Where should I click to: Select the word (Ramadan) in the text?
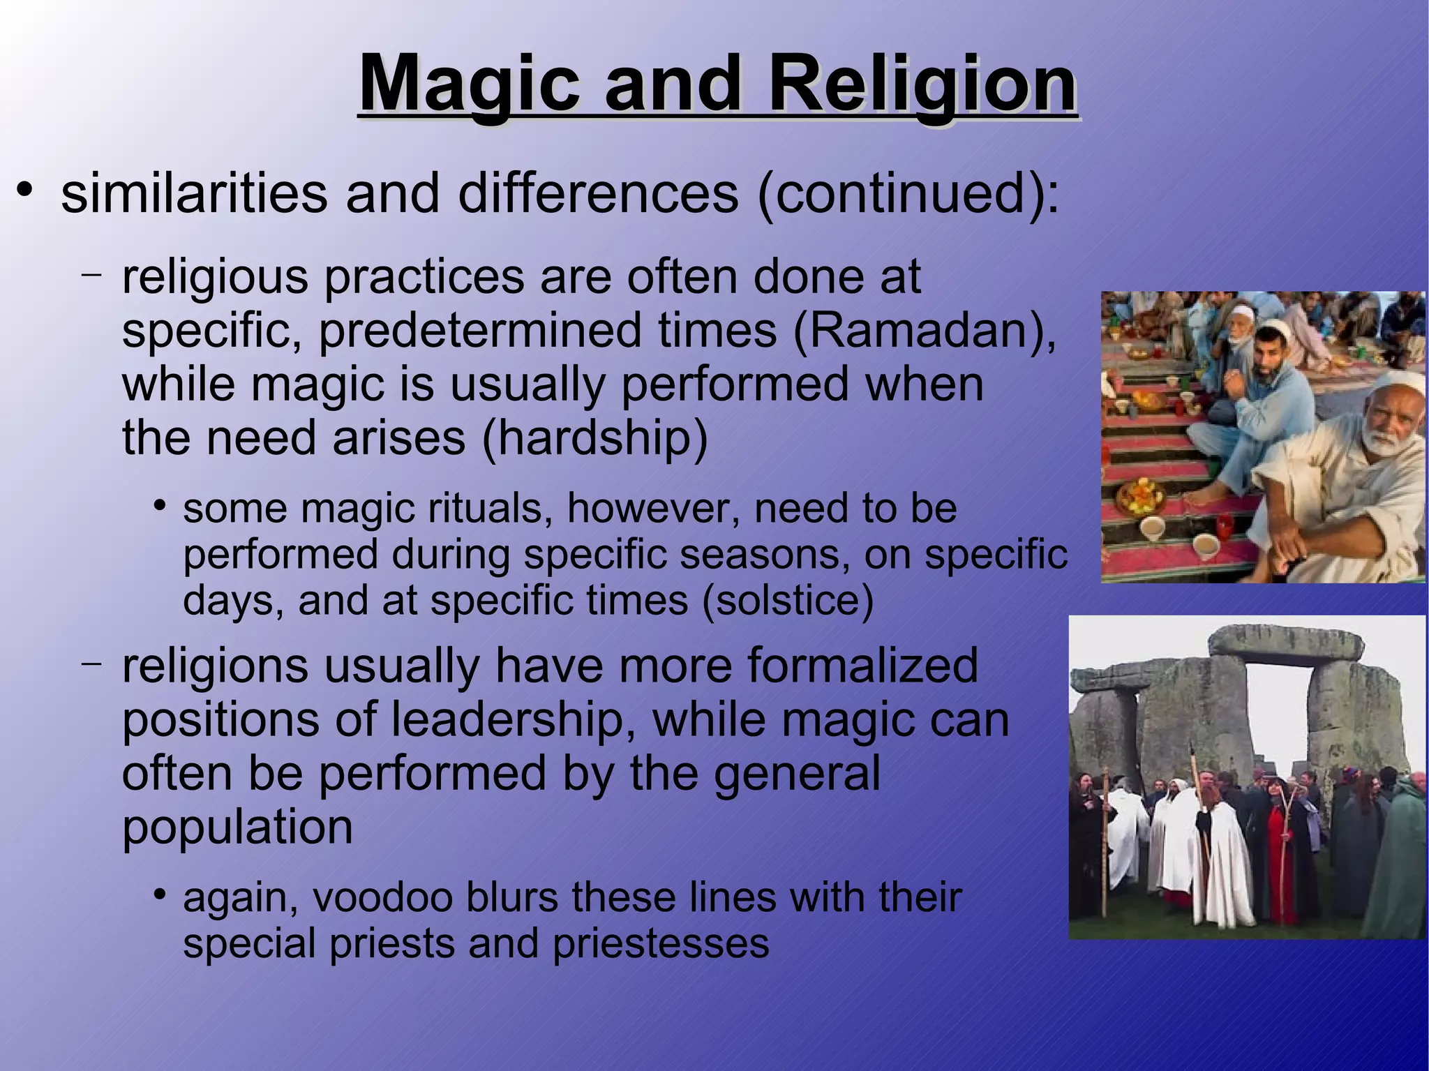click(922, 330)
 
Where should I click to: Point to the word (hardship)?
click(594, 438)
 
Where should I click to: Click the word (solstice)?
click(787, 600)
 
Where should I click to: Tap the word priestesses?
click(660, 943)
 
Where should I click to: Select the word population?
click(237, 828)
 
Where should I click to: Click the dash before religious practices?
click(91, 274)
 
